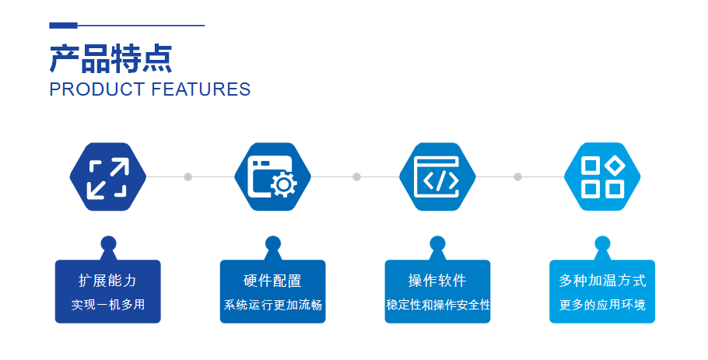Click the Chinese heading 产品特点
[110, 58]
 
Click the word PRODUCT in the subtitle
[97, 89]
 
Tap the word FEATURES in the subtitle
[201, 89]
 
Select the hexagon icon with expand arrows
[108, 177]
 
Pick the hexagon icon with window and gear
[273, 177]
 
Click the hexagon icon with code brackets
[437, 177]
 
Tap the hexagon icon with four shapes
[602, 177]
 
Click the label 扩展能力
[108, 281]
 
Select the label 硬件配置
[273, 281]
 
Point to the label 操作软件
[437, 281]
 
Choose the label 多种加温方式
[602, 281]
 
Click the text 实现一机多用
[108, 305]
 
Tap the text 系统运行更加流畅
[273, 305]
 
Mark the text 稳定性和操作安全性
[437, 305]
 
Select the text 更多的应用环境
[602, 305]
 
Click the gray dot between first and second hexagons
[188, 177]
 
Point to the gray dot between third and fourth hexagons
[518, 177]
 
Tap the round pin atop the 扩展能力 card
[108, 243]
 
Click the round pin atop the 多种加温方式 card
[602, 243]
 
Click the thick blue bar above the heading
[63, 26]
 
